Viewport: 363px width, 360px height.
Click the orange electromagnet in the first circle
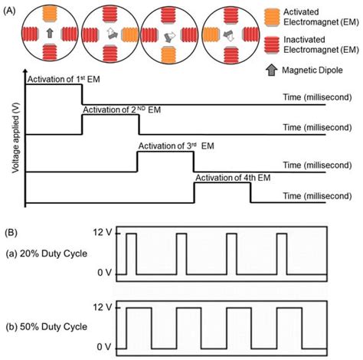click(x=50, y=14)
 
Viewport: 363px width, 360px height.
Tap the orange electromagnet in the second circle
click(x=129, y=34)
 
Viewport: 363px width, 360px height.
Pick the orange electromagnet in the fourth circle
click(x=211, y=34)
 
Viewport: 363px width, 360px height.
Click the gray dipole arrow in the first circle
click(x=50, y=33)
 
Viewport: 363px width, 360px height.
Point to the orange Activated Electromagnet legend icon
click(x=272, y=18)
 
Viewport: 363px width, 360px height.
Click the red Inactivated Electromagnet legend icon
click(x=272, y=45)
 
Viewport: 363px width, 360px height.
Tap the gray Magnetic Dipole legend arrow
click(x=272, y=70)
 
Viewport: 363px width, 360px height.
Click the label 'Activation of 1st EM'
click(x=64, y=80)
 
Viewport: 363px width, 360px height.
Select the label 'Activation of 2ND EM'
click(x=122, y=110)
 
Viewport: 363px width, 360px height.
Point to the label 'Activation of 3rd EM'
click(x=176, y=146)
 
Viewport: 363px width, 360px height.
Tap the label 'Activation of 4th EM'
click(x=233, y=178)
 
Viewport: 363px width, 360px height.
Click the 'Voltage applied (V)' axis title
click(x=16, y=138)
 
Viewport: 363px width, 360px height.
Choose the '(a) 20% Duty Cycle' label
click(x=47, y=254)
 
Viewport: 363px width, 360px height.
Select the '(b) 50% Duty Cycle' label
click(x=47, y=327)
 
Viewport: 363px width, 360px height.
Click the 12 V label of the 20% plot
click(x=102, y=233)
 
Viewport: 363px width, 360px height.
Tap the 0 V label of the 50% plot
click(x=104, y=347)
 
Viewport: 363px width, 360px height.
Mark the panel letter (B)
click(x=11, y=233)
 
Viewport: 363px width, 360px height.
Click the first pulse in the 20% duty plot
click(x=132, y=254)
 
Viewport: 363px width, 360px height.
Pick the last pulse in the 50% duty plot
click(x=289, y=328)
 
